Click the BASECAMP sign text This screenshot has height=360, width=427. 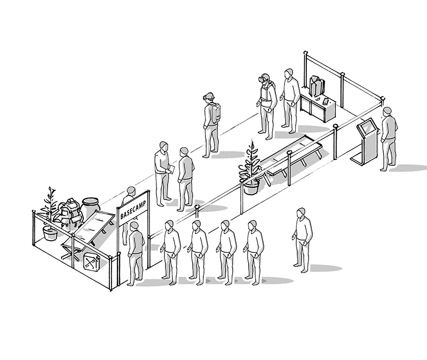click(133, 210)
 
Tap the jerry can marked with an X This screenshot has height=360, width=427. click(91, 262)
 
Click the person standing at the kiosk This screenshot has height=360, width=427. click(389, 139)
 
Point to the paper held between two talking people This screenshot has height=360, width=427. click(171, 169)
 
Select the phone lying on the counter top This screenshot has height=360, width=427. click(326, 101)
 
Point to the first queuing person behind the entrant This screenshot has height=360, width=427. click(170, 252)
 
